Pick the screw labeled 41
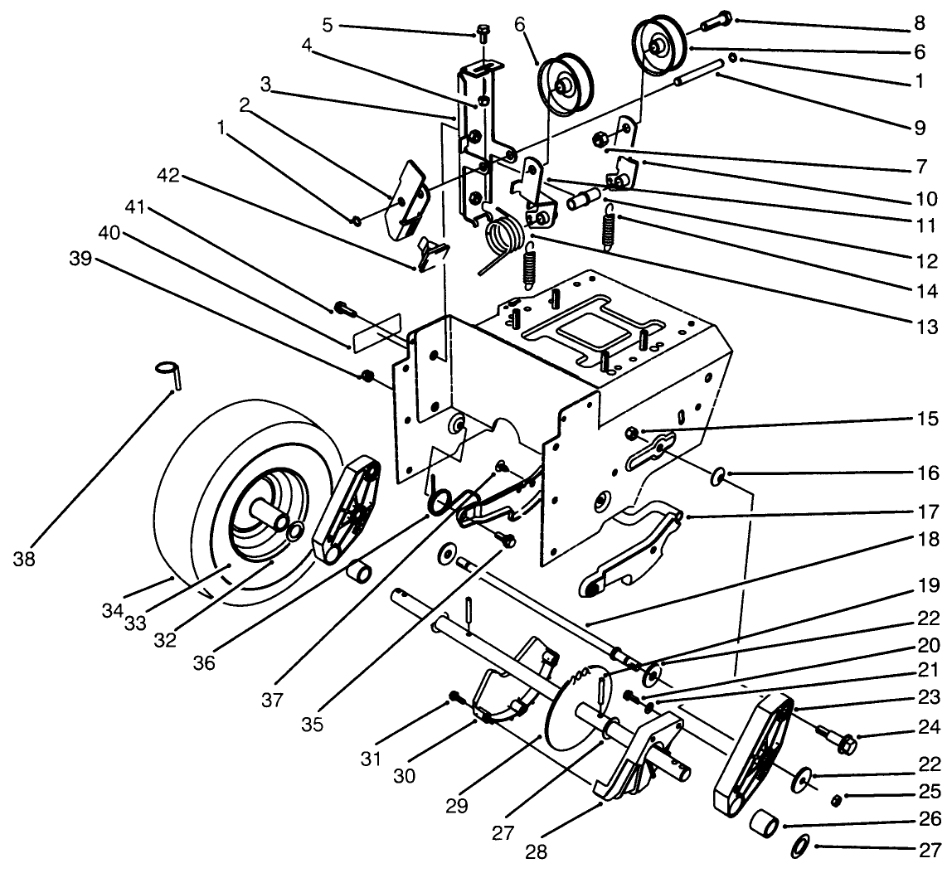[x=344, y=310]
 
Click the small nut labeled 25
[x=838, y=800]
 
